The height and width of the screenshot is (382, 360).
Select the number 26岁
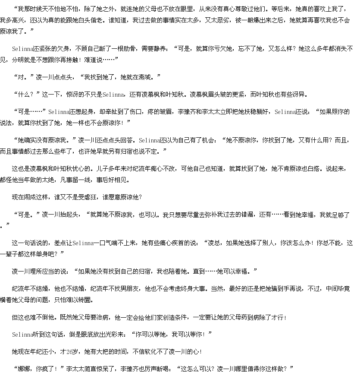tap(72, 352)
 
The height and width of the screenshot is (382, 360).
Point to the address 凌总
tap(214, 243)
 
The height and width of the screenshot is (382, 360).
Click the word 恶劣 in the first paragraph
tap(223, 20)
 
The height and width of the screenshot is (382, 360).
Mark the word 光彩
tap(112, 334)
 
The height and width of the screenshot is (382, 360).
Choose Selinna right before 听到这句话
tap(22, 334)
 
